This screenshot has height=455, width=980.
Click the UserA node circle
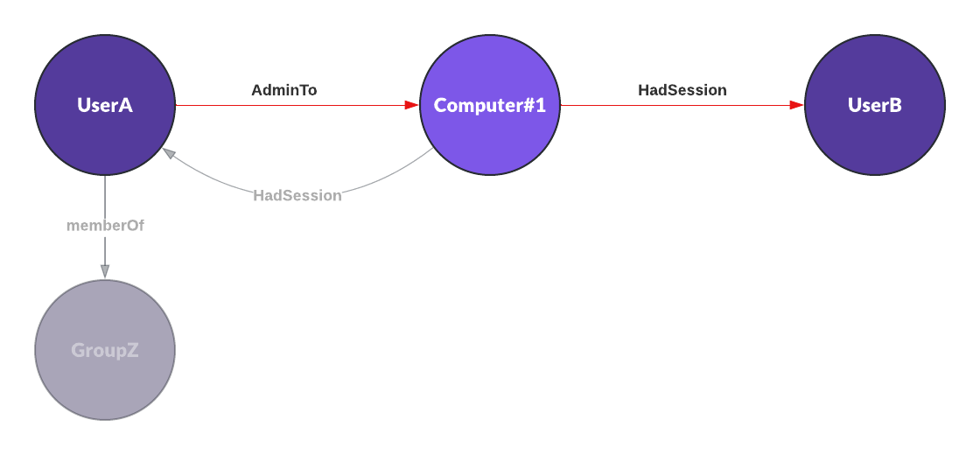(x=105, y=105)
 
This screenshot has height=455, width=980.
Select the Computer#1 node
(x=490, y=105)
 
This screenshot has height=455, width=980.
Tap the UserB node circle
(x=875, y=105)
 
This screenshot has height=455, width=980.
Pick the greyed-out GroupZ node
(x=105, y=350)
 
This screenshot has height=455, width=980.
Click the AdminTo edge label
(x=284, y=90)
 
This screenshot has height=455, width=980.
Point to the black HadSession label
(x=682, y=90)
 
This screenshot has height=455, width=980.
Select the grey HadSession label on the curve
(x=297, y=196)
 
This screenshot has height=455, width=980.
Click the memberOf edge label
(x=105, y=226)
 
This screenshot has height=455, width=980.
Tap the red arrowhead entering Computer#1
(x=412, y=105)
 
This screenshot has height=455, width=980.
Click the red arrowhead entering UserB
(x=797, y=105)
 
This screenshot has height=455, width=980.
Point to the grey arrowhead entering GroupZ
(x=105, y=272)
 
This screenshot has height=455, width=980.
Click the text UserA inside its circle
(x=105, y=105)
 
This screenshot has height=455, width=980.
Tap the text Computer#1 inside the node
(x=490, y=106)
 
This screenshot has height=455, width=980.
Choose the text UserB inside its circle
(x=875, y=105)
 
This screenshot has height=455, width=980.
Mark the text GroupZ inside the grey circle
(x=105, y=350)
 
